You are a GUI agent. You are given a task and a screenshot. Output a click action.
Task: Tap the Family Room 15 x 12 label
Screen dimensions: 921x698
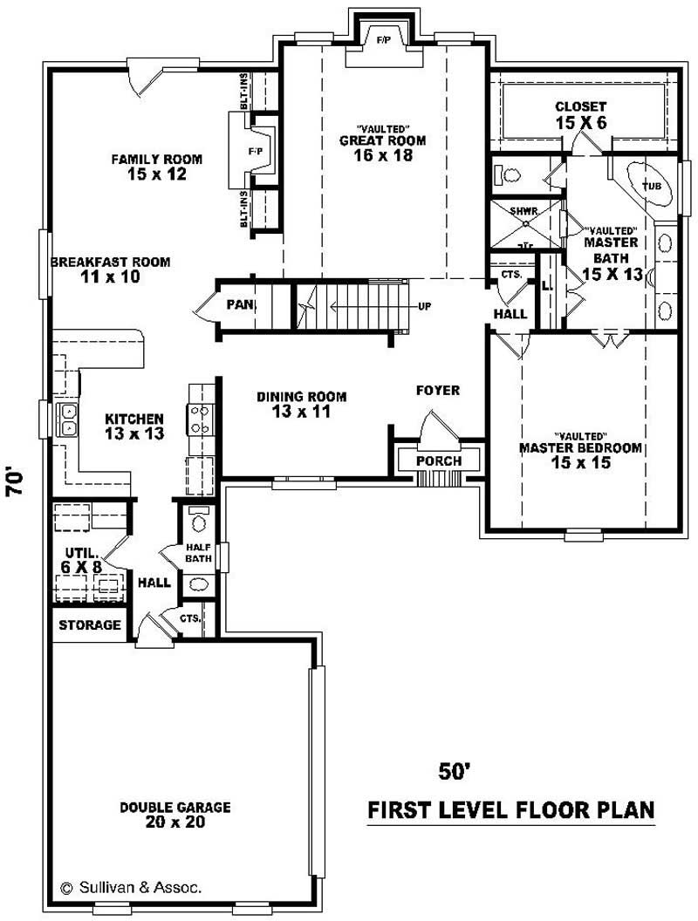pyautogui.click(x=156, y=167)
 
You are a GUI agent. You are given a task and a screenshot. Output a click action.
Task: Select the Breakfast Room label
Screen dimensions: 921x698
pyautogui.click(x=109, y=269)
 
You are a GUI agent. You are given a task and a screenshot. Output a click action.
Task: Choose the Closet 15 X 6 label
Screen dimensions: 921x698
pyautogui.click(x=580, y=114)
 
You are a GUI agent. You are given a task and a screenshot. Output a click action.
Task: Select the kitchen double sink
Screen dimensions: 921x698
pyautogui.click(x=67, y=420)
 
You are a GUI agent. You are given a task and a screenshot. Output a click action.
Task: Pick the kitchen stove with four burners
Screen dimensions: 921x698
pyautogui.click(x=198, y=419)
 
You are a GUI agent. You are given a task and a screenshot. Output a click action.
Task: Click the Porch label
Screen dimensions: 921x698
pyautogui.click(x=438, y=460)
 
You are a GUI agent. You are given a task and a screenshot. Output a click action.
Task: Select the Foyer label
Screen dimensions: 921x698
pyautogui.click(x=438, y=391)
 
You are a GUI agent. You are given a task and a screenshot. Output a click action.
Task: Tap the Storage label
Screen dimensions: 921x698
pyautogui.click(x=90, y=624)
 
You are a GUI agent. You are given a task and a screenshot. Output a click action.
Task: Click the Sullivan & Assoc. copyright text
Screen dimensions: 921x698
pyautogui.click(x=131, y=887)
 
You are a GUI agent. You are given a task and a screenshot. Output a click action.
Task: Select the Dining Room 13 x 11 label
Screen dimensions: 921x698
pyautogui.click(x=293, y=404)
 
